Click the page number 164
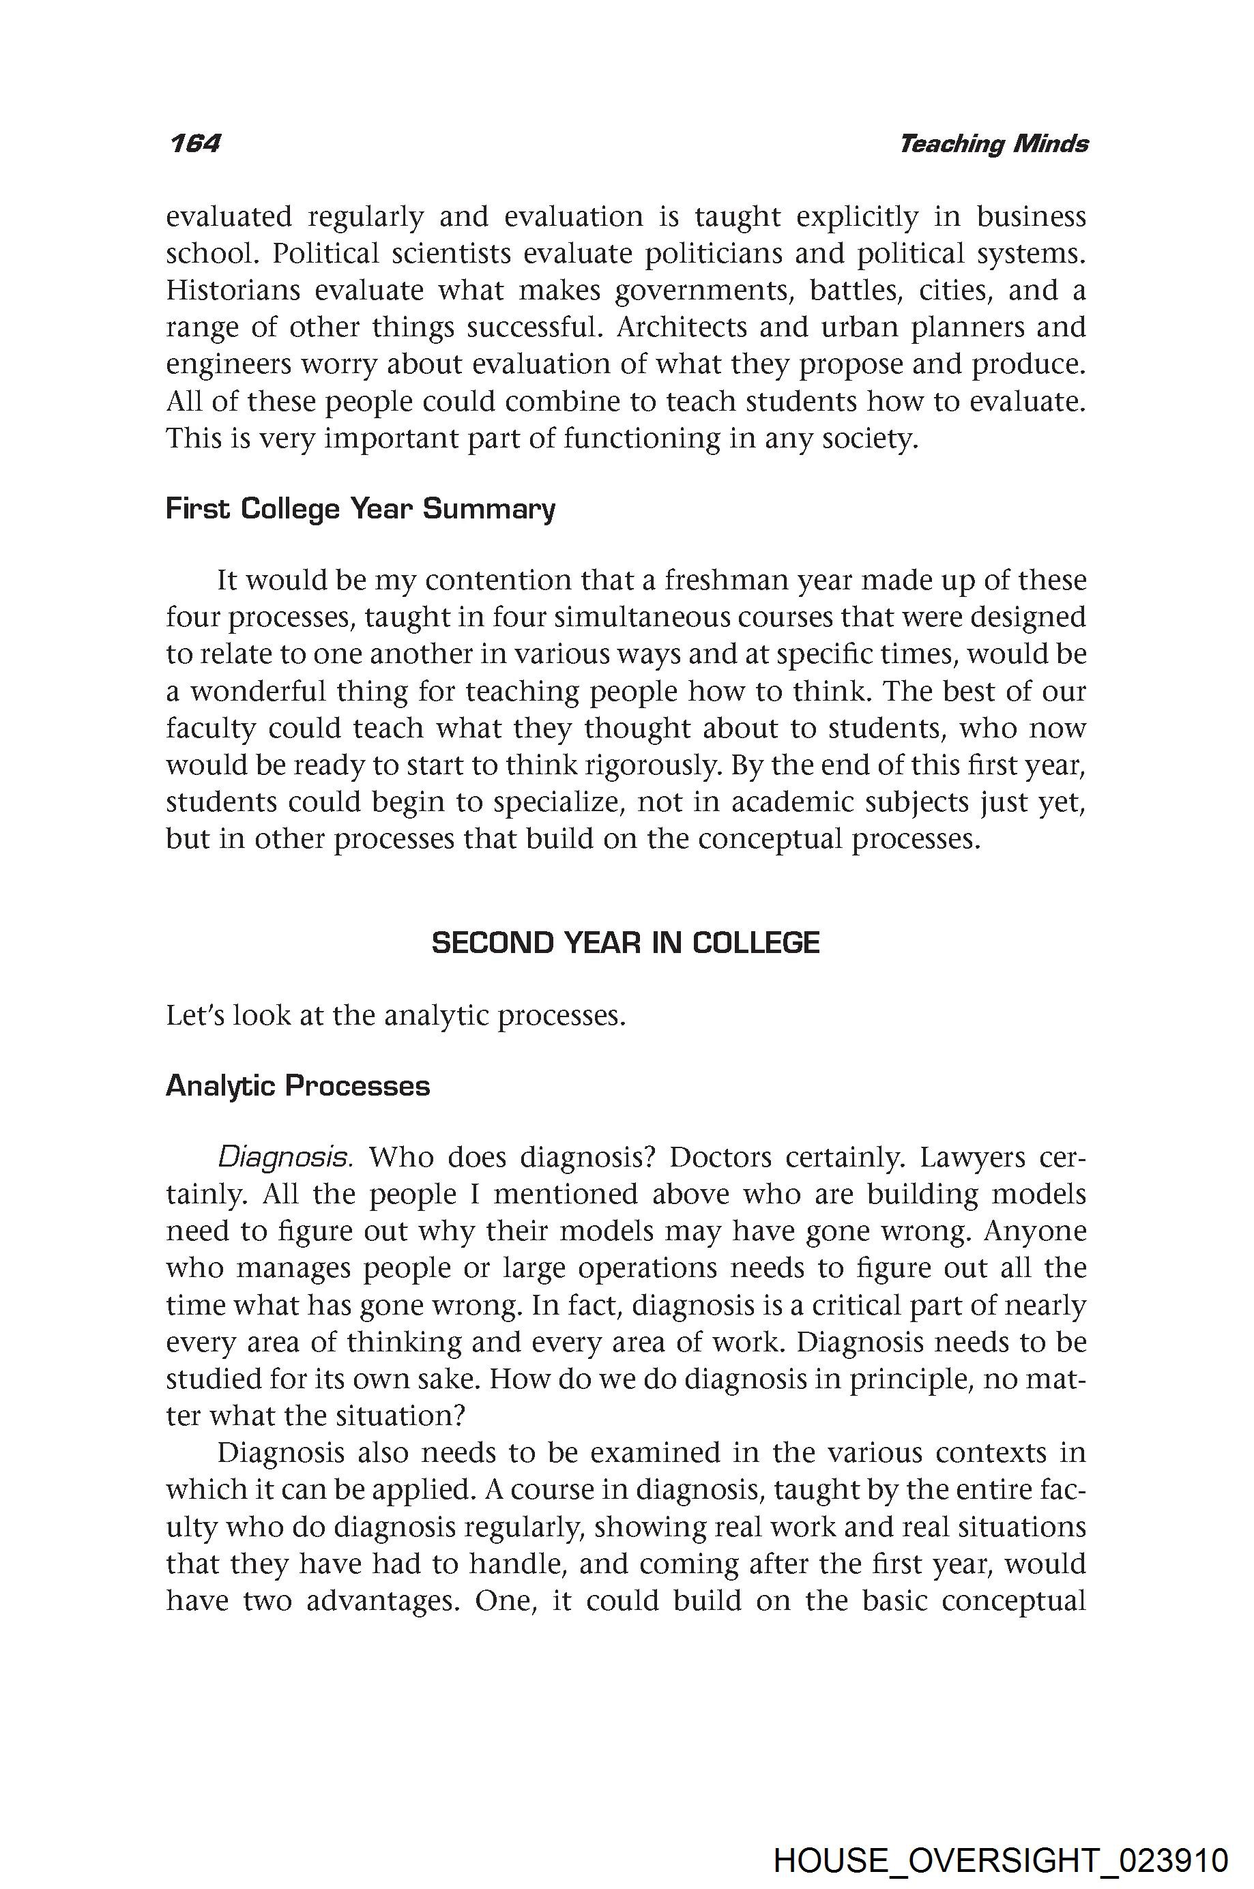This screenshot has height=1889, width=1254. pos(194,144)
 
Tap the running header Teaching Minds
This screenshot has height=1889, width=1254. pos(993,144)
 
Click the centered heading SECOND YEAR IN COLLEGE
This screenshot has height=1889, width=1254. pos(626,943)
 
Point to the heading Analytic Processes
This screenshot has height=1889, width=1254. pos(297,1086)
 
